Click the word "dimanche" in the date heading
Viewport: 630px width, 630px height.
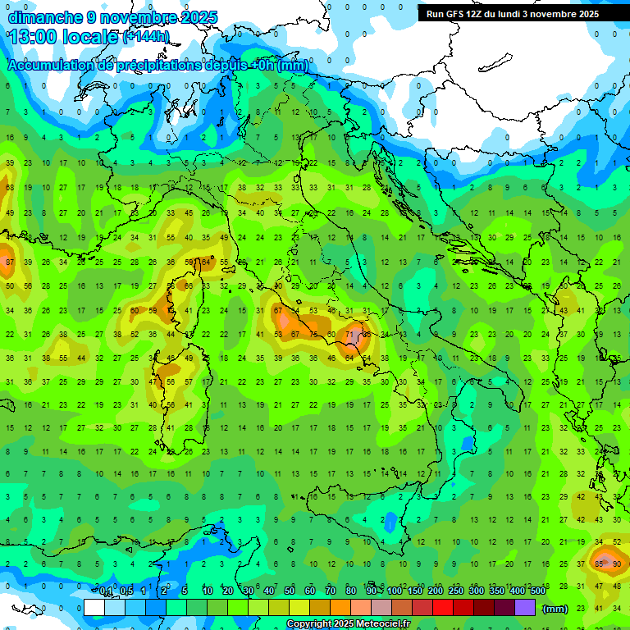point(45,17)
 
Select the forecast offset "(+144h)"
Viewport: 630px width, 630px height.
point(146,37)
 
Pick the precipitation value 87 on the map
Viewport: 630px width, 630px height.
point(10,262)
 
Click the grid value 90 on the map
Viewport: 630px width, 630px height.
point(617,564)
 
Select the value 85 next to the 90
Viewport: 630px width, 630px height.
point(600,564)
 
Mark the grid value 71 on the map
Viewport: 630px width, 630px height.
point(350,335)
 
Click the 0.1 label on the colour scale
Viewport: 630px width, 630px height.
point(106,591)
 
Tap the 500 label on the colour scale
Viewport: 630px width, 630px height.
point(537,591)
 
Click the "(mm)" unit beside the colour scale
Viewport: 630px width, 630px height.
point(555,609)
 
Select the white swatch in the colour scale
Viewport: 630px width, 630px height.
point(94,608)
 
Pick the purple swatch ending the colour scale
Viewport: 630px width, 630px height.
point(525,608)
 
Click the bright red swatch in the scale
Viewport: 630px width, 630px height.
point(443,608)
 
